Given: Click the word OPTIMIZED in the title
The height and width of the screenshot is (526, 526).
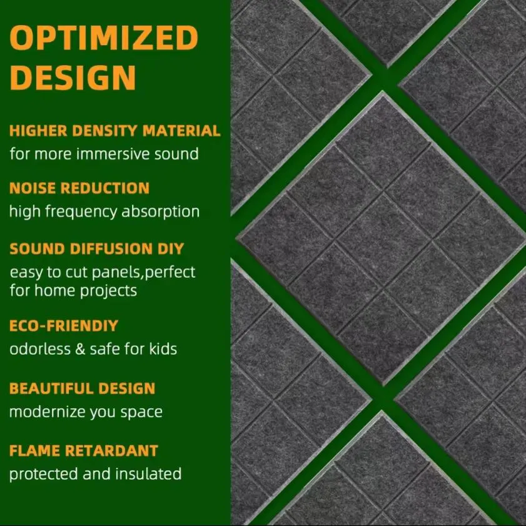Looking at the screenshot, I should pyautogui.click(x=104, y=39).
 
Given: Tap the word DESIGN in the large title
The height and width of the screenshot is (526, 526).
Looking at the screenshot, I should pyautogui.click(x=74, y=77).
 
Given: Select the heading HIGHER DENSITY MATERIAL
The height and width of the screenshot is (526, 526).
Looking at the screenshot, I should pyautogui.click(x=115, y=131).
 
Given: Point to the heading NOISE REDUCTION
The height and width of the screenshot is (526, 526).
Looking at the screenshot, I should pyautogui.click(x=79, y=188).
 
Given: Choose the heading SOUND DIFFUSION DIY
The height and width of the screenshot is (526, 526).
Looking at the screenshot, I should pyautogui.click(x=97, y=248).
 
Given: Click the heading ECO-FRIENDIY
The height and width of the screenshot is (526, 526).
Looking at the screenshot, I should pyautogui.click(x=64, y=326).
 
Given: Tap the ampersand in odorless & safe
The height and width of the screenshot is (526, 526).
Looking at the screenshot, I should pyautogui.click(x=80, y=348).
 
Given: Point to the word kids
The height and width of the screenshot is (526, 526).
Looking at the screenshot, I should pyautogui.click(x=163, y=348).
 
